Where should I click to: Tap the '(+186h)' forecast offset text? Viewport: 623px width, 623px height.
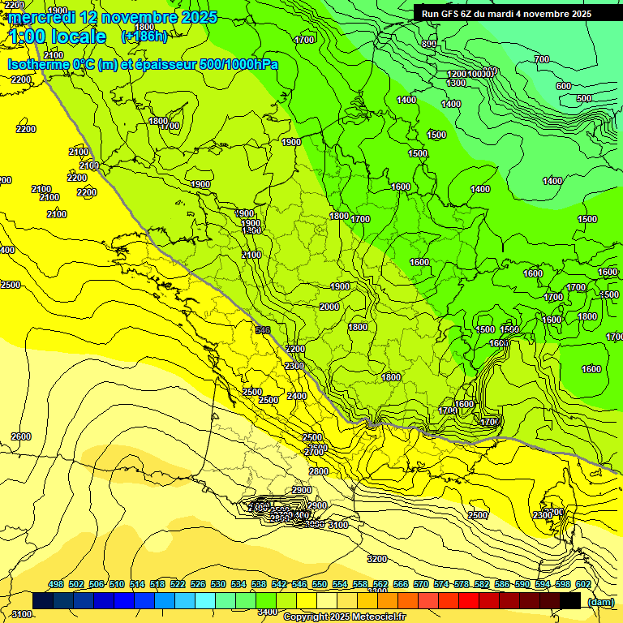pos(144,37)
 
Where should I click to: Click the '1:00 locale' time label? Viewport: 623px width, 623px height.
pos(58,37)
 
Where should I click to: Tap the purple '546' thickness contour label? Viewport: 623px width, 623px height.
pos(262,330)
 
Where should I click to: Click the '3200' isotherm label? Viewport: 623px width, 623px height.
pos(376,559)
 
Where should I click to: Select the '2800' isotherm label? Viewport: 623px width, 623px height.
pos(318,471)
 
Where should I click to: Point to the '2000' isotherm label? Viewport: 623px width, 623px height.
pos(329,307)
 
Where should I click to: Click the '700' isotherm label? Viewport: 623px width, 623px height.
pos(541,59)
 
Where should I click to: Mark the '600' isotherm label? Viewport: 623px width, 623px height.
pos(563,86)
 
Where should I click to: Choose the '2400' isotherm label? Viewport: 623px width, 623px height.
pos(297,396)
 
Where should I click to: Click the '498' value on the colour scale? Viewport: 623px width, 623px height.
pos(56,584)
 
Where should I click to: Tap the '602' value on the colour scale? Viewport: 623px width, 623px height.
pos(582,584)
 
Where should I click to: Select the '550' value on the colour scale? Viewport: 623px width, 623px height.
pos(320,584)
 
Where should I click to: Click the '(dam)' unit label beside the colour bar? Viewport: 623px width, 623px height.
pos(600,601)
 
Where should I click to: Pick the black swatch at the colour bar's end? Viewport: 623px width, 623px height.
pos(570,600)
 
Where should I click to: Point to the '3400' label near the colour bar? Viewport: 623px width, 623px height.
pos(266,612)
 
